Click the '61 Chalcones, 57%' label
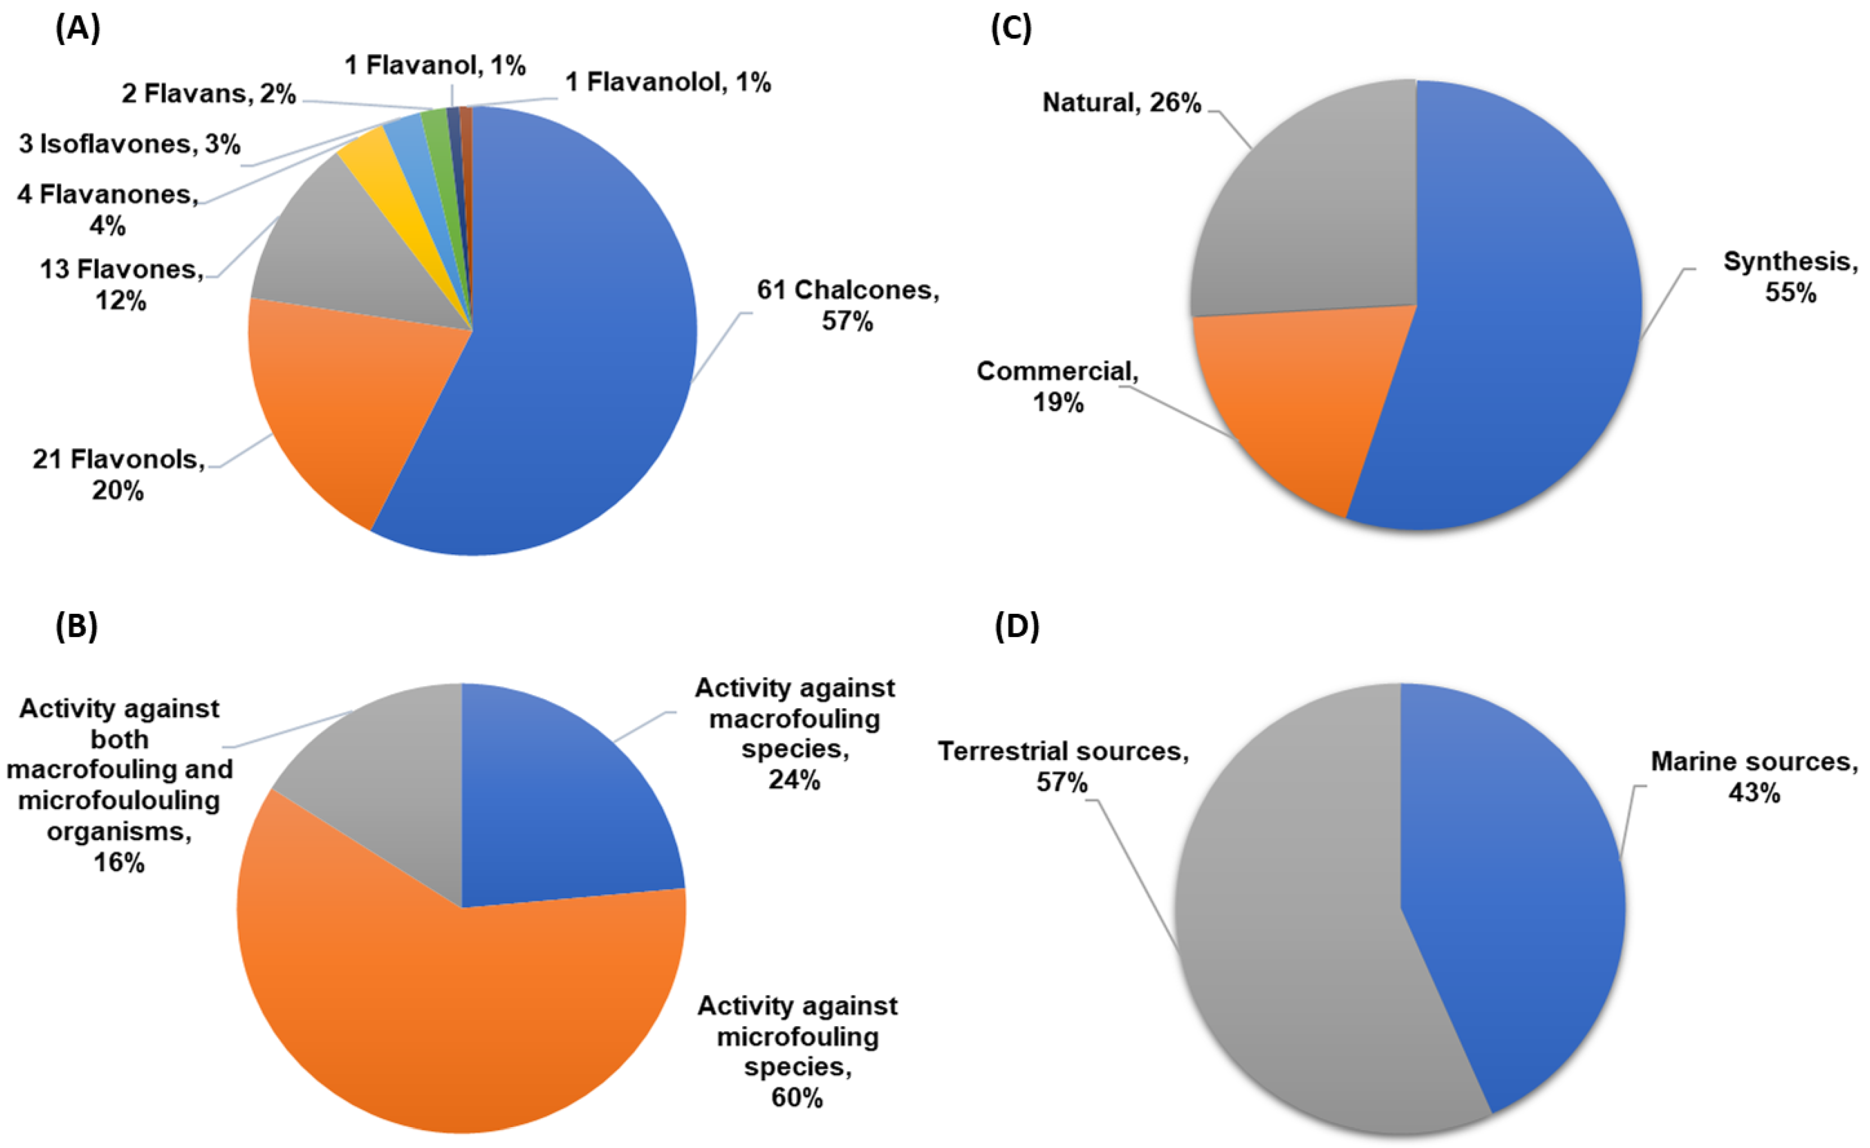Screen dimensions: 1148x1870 pyautogui.click(x=847, y=305)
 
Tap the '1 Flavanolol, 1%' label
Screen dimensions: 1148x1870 pyautogui.click(x=668, y=82)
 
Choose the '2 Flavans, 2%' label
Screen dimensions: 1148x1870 pyautogui.click(x=209, y=93)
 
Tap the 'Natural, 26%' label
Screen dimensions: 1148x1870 pyautogui.click(x=1122, y=102)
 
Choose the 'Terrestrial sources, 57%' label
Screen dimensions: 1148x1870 pyautogui.click(x=1063, y=766)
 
